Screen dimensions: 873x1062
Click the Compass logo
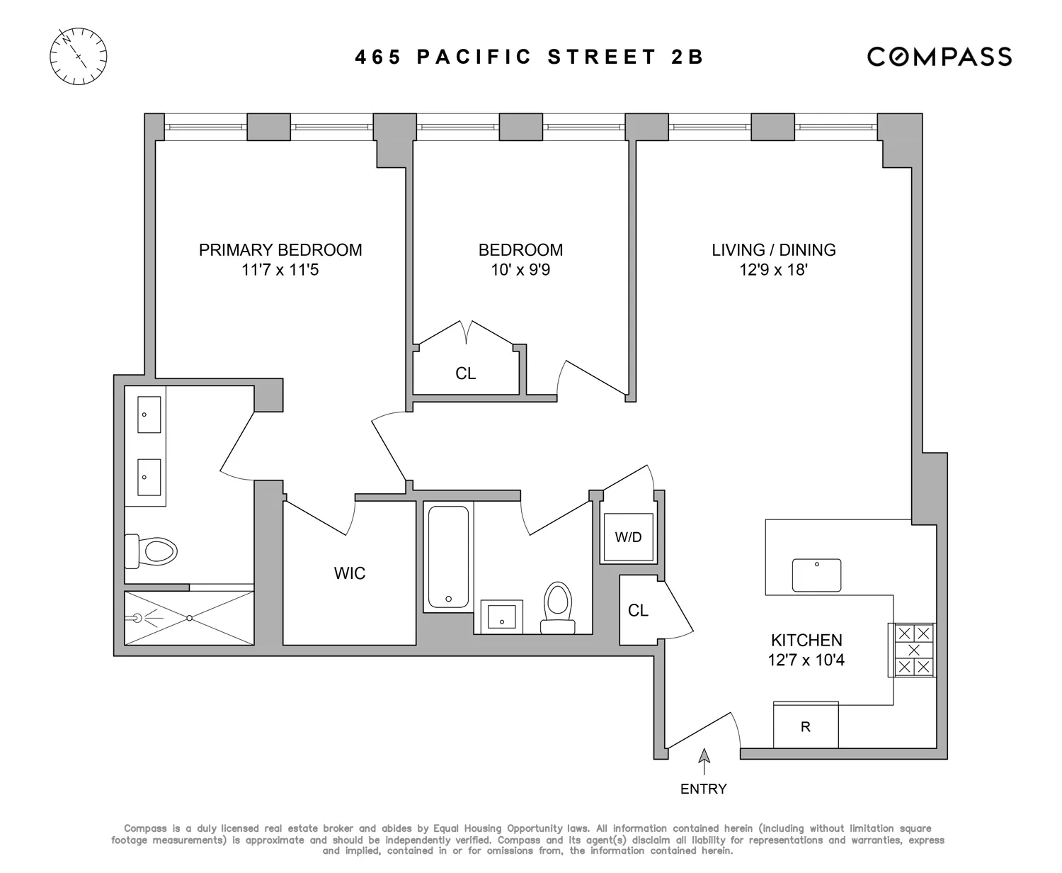(x=940, y=57)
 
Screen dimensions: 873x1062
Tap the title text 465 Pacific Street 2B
(x=530, y=57)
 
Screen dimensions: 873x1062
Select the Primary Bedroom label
(x=280, y=250)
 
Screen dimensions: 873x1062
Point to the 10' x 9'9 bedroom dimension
(x=520, y=270)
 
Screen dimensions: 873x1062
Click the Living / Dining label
(x=773, y=250)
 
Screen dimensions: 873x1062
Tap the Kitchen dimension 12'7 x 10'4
(x=806, y=660)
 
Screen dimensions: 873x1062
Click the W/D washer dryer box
(x=627, y=537)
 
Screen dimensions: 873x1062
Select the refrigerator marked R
(x=806, y=726)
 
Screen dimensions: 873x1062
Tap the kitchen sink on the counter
(x=816, y=575)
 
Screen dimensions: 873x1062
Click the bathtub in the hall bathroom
(x=448, y=557)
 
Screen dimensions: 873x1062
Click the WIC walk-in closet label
(x=350, y=573)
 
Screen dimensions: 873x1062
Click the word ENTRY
(x=704, y=789)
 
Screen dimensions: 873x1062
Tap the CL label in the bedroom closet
(x=466, y=373)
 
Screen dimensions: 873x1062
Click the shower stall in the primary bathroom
(x=189, y=618)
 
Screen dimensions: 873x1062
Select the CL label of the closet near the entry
(x=638, y=610)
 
